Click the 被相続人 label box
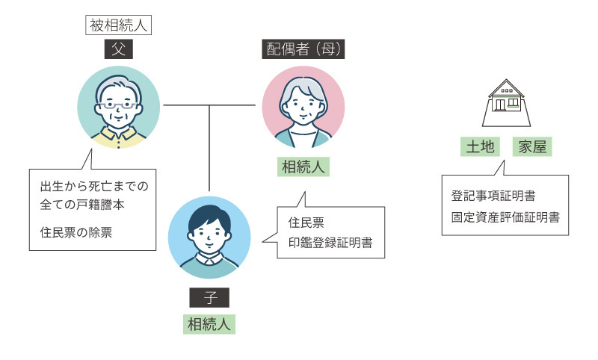tap(118, 25)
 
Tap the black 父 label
tap(119, 49)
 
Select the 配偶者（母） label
tap(303, 49)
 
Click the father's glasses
tap(118, 105)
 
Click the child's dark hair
tap(209, 219)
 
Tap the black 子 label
tap(209, 297)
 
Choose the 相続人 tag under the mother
tap(303, 167)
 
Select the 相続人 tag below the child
tap(209, 324)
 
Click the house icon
tap(506, 103)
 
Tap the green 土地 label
tap(480, 146)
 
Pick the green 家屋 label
tap(532, 146)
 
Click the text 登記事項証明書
tap(493, 196)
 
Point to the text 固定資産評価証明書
tap(505, 217)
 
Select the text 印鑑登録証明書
tap(330, 243)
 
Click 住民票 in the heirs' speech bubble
tap(306, 223)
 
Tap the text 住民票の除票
tap(76, 232)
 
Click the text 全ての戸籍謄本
tap(82, 205)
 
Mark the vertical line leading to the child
tap(209, 148)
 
